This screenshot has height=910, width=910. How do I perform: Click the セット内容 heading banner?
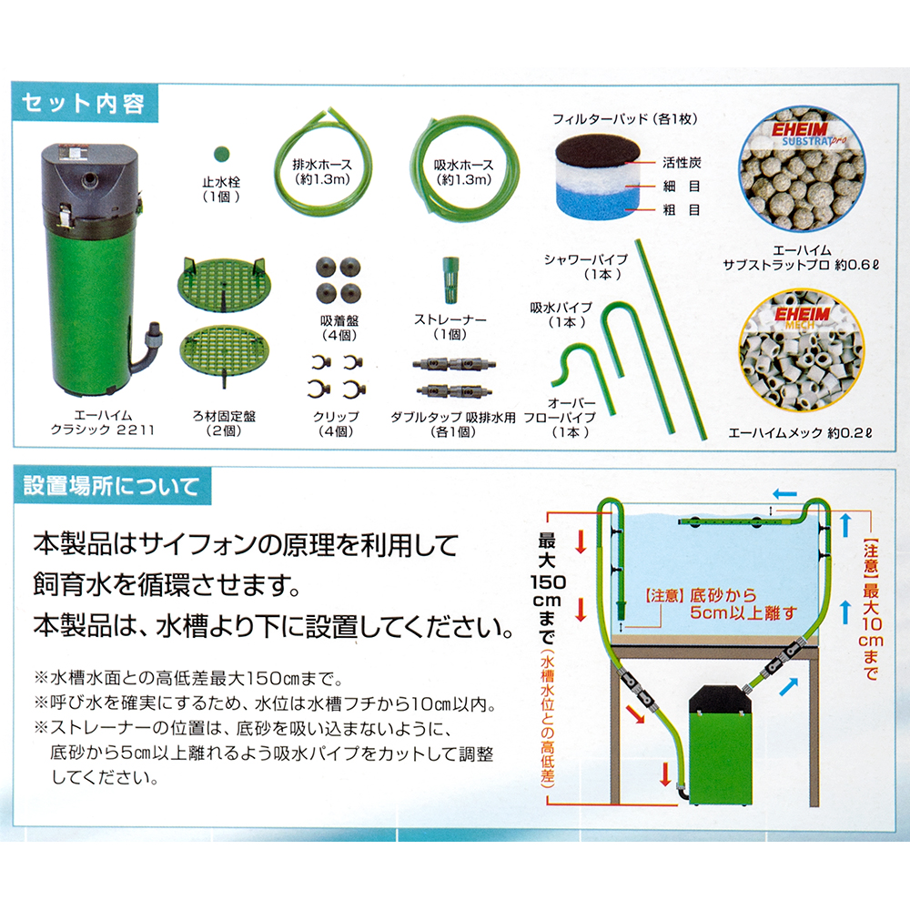[x=85, y=104]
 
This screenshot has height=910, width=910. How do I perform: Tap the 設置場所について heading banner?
[x=111, y=486]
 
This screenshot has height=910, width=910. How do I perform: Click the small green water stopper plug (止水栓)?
[x=222, y=155]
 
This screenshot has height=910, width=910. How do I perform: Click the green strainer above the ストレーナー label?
[x=450, y=279]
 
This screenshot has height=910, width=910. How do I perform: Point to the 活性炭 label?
[x=682, y=163]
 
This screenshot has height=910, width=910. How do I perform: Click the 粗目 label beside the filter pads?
[x=682, y=210]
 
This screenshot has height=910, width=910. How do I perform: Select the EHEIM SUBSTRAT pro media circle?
[x=802, y=169]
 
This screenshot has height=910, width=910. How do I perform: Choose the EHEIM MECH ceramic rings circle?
[x=802, y=351]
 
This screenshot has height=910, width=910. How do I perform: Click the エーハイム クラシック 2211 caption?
[x=103, y=423]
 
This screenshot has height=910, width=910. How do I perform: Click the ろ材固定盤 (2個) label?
[x=224, y=424]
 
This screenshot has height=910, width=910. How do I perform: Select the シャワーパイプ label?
[x=586, y=259]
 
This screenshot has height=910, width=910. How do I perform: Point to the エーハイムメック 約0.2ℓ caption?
[x=800, y=433]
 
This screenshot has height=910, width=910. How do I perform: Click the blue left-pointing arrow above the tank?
[x=784, y=494]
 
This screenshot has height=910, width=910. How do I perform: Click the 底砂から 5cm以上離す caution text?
[x=722, y=604]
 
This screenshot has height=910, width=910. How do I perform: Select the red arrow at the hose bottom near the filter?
[x=666, y=774]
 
